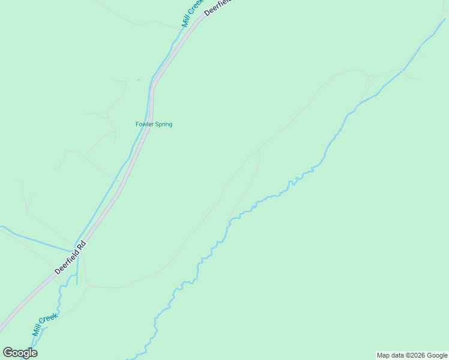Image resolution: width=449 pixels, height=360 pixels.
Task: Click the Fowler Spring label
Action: [154, 124]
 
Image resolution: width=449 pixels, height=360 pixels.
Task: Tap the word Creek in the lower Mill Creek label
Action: [51, 319]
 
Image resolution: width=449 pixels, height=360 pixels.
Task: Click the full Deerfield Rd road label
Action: [71, 259]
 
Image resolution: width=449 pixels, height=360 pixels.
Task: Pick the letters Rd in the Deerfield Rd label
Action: [82, 246]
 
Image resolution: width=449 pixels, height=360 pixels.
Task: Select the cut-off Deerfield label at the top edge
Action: [217, 6]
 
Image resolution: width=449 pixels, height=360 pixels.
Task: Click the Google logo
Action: [20, 353]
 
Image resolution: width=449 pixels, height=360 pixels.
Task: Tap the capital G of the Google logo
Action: [8, 352]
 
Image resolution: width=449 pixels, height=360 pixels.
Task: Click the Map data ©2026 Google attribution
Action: [412, 355]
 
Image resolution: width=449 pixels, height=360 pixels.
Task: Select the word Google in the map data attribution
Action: [437, 355]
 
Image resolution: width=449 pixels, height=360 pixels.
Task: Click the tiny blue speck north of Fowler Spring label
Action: [138, 79]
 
